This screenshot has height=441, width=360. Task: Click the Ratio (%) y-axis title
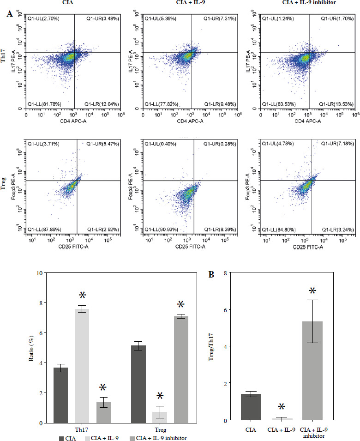pos(30,348)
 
